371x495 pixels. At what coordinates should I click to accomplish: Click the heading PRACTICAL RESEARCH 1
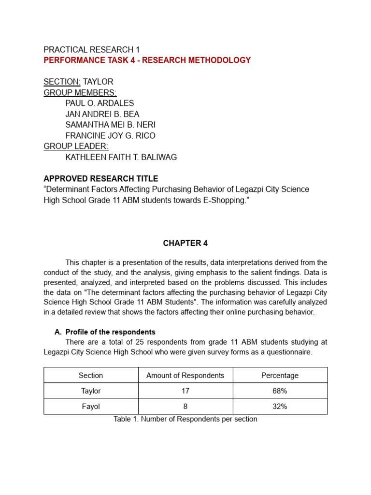pyautogui.click(x=91, y=50)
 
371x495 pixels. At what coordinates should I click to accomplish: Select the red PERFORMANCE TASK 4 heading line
pyautogui.click(x=147, y=60)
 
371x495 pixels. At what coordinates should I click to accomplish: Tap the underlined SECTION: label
pyautogui.click(x=62, y=82)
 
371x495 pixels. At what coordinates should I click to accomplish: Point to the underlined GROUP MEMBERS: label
pyautogui.click(x=80, y=92)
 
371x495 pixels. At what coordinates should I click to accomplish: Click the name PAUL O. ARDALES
pyautogui.click(x=100, y=103)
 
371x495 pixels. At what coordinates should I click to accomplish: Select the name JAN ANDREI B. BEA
pyautogui.click(x=102, y=114)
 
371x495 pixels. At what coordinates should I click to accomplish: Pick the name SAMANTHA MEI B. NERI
pyautogui.click(x=110, y=125)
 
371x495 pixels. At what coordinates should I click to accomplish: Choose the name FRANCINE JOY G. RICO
pyautogui.click(x=110, y=136)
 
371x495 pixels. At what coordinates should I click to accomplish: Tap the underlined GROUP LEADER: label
pyautogui.click(x=76, y=146)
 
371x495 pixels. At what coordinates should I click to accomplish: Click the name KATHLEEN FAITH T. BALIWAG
pyautogui.click(x=121, y=157)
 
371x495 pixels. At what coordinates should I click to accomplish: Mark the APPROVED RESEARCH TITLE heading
pyautogui.click(x=100, y=178)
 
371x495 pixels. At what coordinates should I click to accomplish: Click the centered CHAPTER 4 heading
pyautogui.click(x=185, y=244)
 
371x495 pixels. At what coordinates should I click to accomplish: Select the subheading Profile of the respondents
pyautogui.click(x=110, y=332)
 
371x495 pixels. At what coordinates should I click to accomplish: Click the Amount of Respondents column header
pyautogui.click(x=185, y=376)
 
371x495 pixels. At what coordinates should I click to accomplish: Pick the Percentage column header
pyautogui.click(x=280, y=376)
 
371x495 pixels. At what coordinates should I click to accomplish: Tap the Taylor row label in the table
pyautogui.click(x=91, y=391)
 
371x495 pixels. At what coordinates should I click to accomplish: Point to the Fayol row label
pyautogui.click(x=91, y=407)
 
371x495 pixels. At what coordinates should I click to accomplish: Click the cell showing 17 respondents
pyautogui.click(x=185, y=391)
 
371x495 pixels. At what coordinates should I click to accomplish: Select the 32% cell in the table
pyautogui.click(x=280, y=407)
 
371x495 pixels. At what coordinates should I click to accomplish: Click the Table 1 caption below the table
pyautogui.click(x=185, y=419)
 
